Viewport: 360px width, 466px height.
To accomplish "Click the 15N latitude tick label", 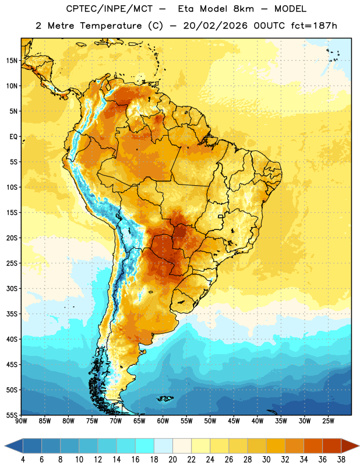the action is (12, 61).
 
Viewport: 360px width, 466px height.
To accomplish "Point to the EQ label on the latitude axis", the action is (13, 137).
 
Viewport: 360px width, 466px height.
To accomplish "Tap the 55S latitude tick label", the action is (12, 415).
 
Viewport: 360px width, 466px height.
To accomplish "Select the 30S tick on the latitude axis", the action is (12, 288).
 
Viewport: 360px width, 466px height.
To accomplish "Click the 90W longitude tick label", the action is (22, 421).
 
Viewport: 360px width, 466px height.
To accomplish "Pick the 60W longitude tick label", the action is (163, 421).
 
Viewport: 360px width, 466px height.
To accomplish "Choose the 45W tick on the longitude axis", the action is (234, 421).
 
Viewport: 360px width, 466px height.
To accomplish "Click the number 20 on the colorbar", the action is (172, 460).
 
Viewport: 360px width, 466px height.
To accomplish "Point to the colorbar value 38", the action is (341, 460).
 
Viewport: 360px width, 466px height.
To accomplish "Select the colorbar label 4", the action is (23, 460).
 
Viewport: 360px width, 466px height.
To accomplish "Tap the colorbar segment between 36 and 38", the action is (332, 446).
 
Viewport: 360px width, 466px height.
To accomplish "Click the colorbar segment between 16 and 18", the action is (145, 446).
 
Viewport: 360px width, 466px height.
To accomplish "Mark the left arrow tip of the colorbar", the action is (5, 446).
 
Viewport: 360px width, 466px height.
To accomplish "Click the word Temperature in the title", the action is (111, 26).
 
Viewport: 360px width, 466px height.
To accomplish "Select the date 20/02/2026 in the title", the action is (215, 26).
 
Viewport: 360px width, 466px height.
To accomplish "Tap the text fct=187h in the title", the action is (314, 26).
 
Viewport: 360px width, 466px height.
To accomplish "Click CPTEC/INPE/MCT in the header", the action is (109, 9).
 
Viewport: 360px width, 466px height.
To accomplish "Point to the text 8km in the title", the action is (243, 9).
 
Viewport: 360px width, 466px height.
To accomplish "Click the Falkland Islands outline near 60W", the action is (165, 398).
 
